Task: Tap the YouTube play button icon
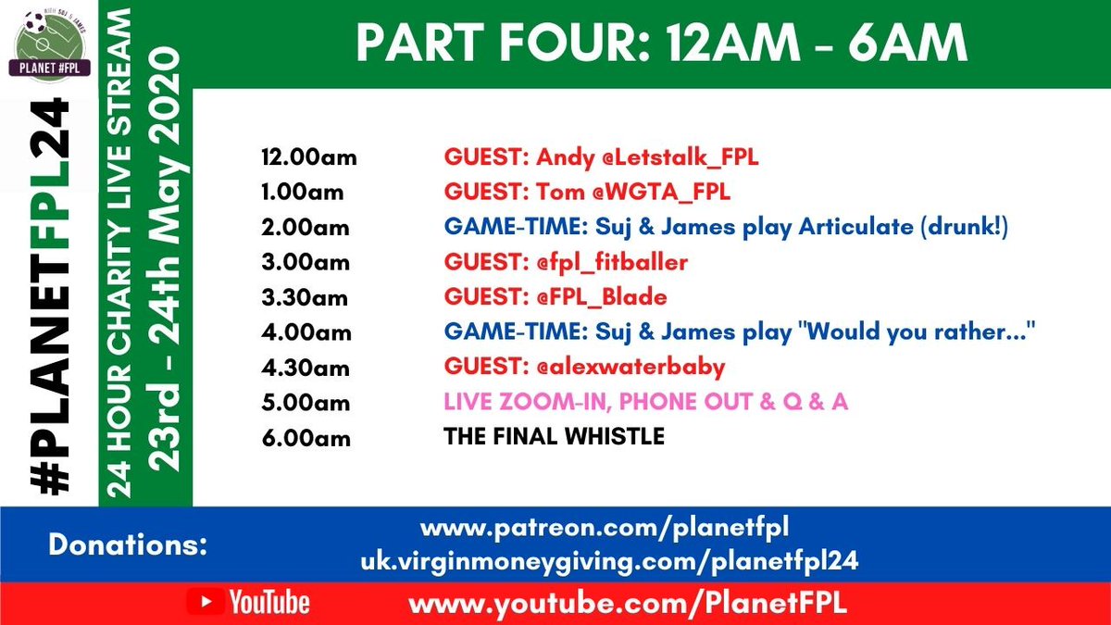point(206,604)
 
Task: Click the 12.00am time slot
point(308,158)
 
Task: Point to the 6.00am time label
point(306,438)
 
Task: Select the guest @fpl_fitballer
point(612,263)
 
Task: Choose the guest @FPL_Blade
point(603,298)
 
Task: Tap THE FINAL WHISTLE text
point(554,437)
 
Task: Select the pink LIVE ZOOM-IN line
point(645,403)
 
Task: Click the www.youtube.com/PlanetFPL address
point(628,605)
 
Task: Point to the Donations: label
point(128,545)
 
